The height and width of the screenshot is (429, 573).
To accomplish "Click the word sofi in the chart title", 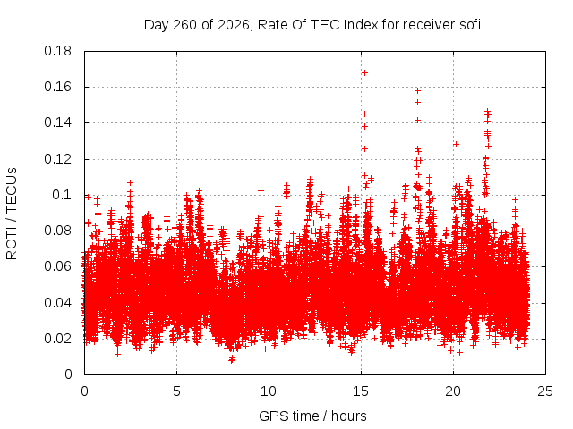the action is pos(468,25).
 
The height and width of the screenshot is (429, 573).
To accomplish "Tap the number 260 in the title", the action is pos(185,25).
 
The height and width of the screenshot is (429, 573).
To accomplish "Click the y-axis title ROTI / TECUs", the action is pos(12,214).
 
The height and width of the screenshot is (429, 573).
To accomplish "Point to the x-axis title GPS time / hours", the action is pos(312,416).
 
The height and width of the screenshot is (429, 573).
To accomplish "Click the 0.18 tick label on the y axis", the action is pos(57,51).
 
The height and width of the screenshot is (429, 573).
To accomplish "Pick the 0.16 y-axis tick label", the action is pos(57,87).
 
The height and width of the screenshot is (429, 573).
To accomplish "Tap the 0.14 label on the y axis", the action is pos(57,122).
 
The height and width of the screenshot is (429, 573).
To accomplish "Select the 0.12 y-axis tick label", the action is pos(57,159).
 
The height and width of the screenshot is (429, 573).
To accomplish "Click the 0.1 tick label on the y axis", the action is pos(62,195).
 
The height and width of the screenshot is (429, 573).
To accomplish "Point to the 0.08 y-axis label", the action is pos(57,231).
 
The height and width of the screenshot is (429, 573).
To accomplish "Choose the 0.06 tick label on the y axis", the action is pos(57,266).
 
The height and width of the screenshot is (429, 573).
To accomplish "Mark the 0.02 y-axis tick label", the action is pos(57,339).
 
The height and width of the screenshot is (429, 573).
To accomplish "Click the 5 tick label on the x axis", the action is pos(177,391).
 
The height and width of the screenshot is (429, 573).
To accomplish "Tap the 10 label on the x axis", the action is pos(269,391).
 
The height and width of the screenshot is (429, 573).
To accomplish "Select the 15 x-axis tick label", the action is pos(361,391).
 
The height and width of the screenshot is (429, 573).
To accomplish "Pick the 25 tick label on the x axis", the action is pos(545,391).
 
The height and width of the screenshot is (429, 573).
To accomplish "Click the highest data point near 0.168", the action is pos(364,73).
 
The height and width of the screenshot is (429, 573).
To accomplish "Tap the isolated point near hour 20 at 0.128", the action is pos(456,145).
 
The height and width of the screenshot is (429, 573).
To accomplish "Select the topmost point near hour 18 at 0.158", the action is pos(418,90).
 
